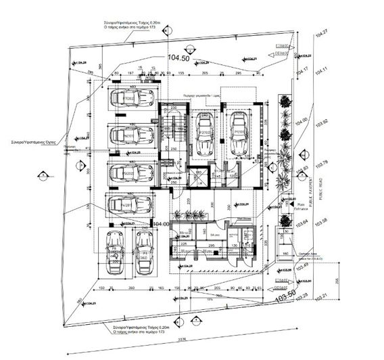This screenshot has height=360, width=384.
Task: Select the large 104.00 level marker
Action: [x=161, y=224]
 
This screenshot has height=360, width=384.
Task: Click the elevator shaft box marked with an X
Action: [x=198, y=177]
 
